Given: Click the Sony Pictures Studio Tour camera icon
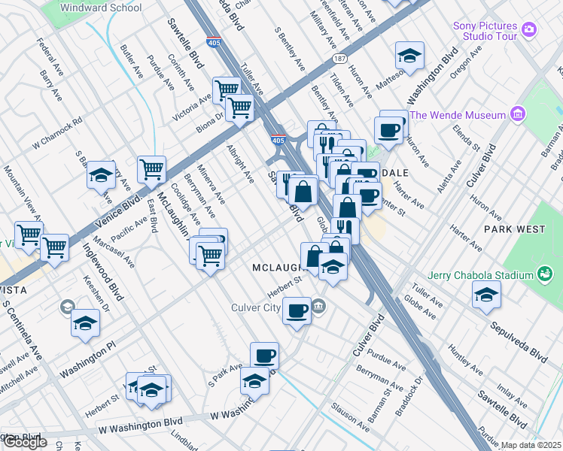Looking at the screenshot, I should click(x=529, y=29).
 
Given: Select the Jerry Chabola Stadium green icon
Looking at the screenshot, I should click(x=544, y=276).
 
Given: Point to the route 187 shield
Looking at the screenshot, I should click(x=331, y=57).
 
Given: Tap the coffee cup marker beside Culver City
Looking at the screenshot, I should click(x=297, y=310).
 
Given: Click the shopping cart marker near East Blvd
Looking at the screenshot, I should click(x=151, y=170).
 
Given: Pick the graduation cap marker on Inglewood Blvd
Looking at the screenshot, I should click(x=86, y=323).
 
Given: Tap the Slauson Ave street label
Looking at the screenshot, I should click(x=351, y=426).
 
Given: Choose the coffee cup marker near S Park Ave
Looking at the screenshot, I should click(x=263, y=356).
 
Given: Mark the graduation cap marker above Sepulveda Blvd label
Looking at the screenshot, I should click(x=487, y=295).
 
